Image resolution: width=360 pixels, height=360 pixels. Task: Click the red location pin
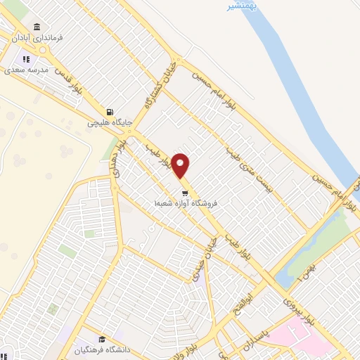181,165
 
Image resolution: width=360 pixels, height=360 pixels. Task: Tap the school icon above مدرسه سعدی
26,59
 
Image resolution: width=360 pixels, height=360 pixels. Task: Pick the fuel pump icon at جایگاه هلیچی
109,111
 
